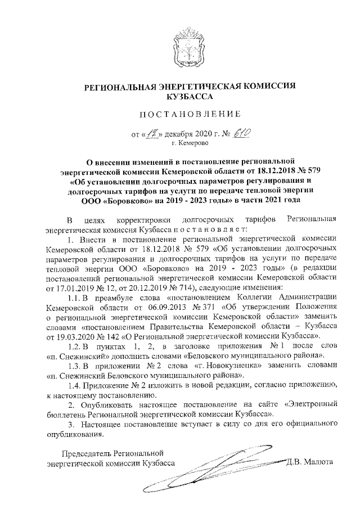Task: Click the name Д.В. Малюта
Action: pos(310,462)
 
